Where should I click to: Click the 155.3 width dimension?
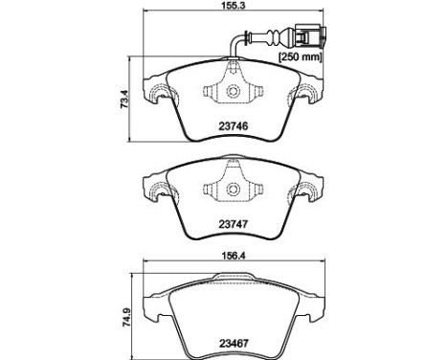(x=234, y=5)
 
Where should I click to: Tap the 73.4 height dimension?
(x=125, y=100)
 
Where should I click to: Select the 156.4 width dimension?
(x=234, y=256)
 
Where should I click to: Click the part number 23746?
(x=234, y=126)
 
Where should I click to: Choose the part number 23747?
(x=234, y=224)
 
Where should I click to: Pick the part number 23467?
(x=234, y=344)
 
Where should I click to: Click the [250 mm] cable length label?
(x=301, y=57)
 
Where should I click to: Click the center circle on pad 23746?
(x=233, y=91)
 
